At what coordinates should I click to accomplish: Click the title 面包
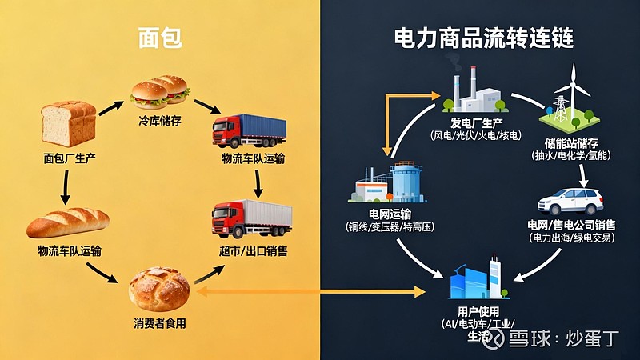(x=157, y=37)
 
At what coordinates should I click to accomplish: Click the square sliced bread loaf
(x=69, y=123)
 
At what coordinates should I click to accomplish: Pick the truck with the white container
(x=249, y=218)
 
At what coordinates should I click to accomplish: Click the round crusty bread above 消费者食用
(x=159, y=289)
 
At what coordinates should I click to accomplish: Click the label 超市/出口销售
(x=254, y=250)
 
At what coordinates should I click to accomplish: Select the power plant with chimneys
(x=474, y=90)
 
